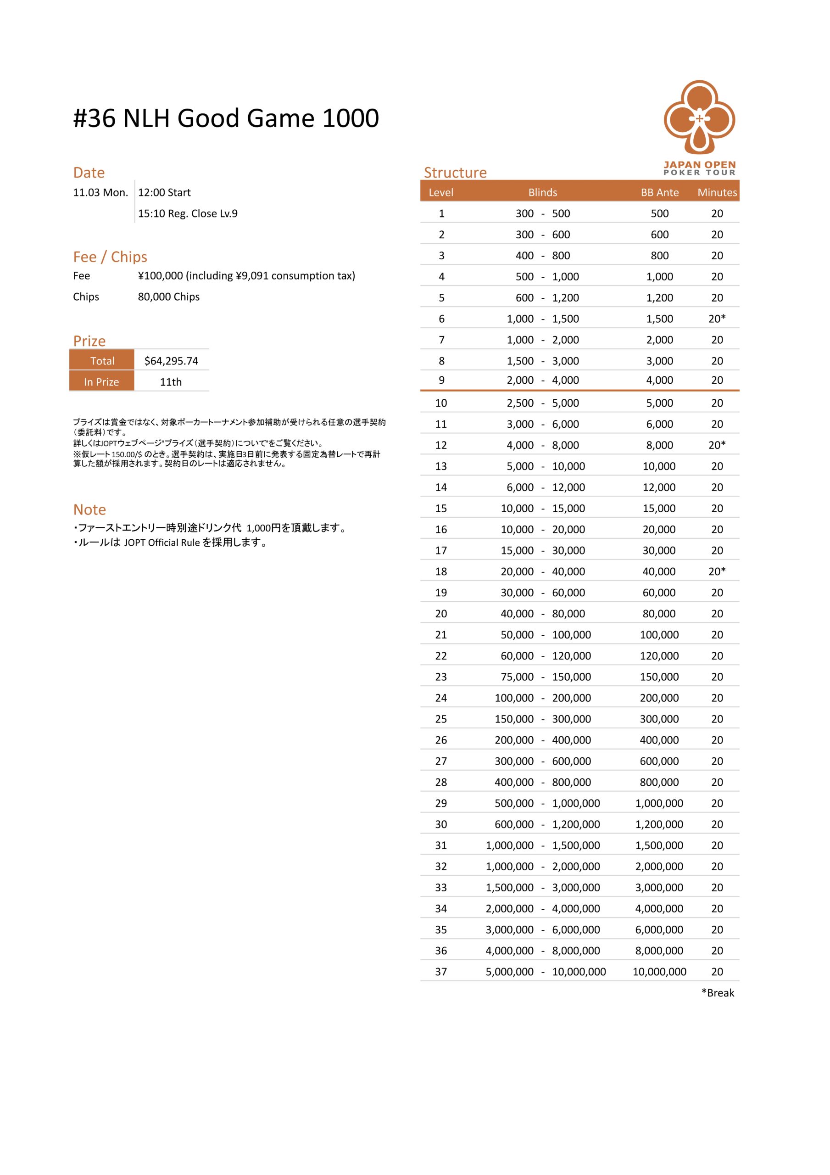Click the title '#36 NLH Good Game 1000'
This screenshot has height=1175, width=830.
click(226, 118)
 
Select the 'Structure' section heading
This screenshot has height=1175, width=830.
click(455, 173)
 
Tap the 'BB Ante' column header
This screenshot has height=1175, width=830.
click(660, 192)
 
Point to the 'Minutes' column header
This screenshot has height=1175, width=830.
click(717, 192)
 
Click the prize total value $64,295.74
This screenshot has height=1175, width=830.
click(171, 361)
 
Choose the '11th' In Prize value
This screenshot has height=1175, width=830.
click(171, 382)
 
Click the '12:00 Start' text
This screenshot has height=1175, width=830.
click(164, 192)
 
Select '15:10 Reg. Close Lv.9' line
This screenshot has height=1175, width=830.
click(188, 213)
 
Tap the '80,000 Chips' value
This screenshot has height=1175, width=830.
click(169, 297)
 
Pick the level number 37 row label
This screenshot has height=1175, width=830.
click(440, 971)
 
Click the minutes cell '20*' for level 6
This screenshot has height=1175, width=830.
click(717, 319)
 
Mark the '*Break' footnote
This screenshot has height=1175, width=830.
click(718, 993)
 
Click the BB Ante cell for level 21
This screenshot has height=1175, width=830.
click(659, 635)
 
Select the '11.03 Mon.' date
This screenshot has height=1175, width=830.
click(100, 192)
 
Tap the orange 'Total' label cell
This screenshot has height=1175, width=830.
click(102, 361)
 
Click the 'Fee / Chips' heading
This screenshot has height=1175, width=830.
click(110, 257)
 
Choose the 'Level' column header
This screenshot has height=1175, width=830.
click(440, 192)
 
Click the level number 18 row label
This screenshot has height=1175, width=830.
click(440, 571)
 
